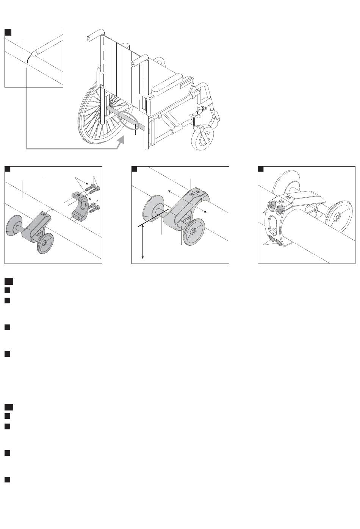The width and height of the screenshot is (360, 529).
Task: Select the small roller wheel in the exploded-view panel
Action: [x=45, y=243]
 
